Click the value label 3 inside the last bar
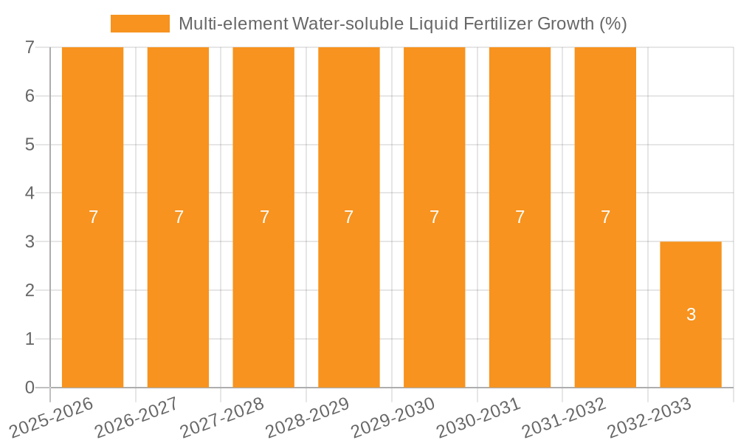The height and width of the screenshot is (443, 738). point(691,315)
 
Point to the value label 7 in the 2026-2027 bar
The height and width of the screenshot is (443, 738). point(179,217)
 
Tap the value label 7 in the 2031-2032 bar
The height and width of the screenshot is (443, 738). point(605,217)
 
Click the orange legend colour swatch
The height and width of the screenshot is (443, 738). point(139,24)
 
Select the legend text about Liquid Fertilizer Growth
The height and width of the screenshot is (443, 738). point(403,24)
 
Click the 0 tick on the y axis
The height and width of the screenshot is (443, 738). point(30,388)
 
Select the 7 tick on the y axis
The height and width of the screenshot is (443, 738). point(30,47)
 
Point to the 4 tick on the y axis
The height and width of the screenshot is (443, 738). point(30,193)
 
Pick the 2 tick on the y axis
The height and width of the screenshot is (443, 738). point(30,290)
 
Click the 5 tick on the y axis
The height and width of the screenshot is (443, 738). point(30,145)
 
